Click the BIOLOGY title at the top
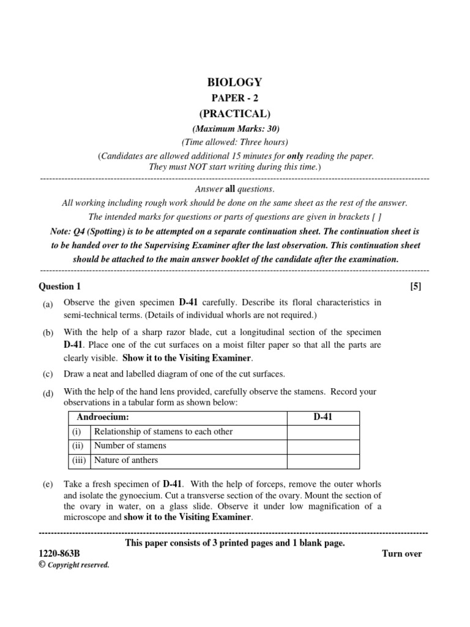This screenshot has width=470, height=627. tap(235, 82)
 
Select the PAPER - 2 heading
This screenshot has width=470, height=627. tap(235, 98)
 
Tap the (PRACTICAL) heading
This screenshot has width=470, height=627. tap(235, 114)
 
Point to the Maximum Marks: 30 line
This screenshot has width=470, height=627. tap(235, 129)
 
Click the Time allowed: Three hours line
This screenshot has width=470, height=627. tap(235, 142)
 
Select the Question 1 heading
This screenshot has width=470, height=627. tap(59, 286)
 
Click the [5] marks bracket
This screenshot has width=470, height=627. tap(416, 286)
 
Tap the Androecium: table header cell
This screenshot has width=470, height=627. tap(102, 417)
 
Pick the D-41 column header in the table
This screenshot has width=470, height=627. tap(323, 417)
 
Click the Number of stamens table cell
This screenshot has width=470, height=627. tap(130, 446)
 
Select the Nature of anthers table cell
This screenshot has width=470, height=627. tap(127, 460)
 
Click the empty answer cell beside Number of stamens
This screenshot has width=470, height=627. tap(323, 446)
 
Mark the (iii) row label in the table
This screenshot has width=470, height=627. tap(78, 460)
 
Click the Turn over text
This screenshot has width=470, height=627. tap(401, 554)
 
